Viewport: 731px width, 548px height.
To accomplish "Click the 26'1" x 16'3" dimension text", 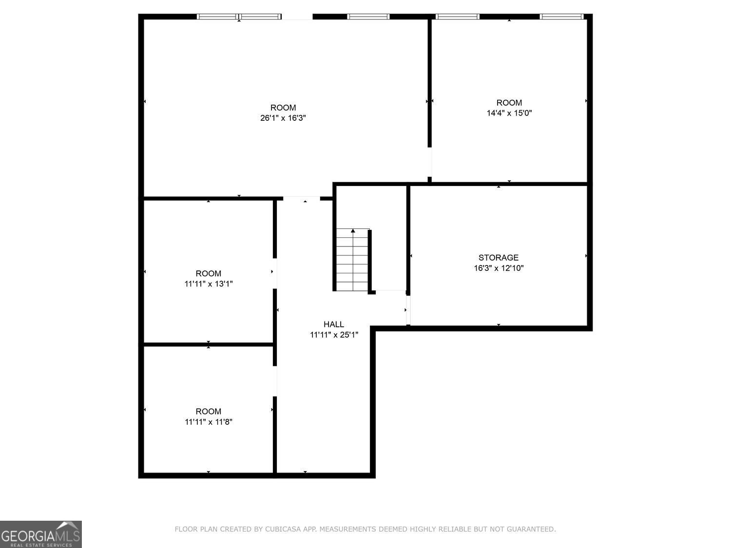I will [x=283, y=118].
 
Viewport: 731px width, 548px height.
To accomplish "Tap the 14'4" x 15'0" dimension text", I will [x=509, y=113].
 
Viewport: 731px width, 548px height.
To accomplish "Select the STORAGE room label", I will [x=498, y=257].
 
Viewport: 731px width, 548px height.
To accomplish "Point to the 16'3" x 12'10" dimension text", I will [x=499, y=268].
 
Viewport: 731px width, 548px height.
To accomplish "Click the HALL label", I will [x=334, y=324].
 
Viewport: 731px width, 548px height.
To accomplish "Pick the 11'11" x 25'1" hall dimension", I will [x=334, y=335].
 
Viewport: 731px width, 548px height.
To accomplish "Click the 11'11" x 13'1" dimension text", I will [x=208, y=284].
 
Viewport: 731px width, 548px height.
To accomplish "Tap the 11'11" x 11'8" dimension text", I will [x=208, y=422].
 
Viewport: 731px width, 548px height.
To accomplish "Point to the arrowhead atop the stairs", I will [x=353, y=230].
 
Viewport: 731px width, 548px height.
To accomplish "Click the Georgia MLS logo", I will [x=41, y=534].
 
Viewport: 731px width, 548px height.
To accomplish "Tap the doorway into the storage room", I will [x=408, y=310].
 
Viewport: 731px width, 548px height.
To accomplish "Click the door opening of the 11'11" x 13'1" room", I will [x=275, y=273].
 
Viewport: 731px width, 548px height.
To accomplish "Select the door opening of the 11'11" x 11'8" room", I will [x=275, y=381].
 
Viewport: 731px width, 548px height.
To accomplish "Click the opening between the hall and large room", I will [x=302, y=198].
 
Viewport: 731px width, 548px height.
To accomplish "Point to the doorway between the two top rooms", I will [x=430, y=162].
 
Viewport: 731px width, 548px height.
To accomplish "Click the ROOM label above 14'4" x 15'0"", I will [x=509, y=102].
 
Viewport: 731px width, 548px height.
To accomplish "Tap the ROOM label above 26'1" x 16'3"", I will [x=283, y=108].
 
